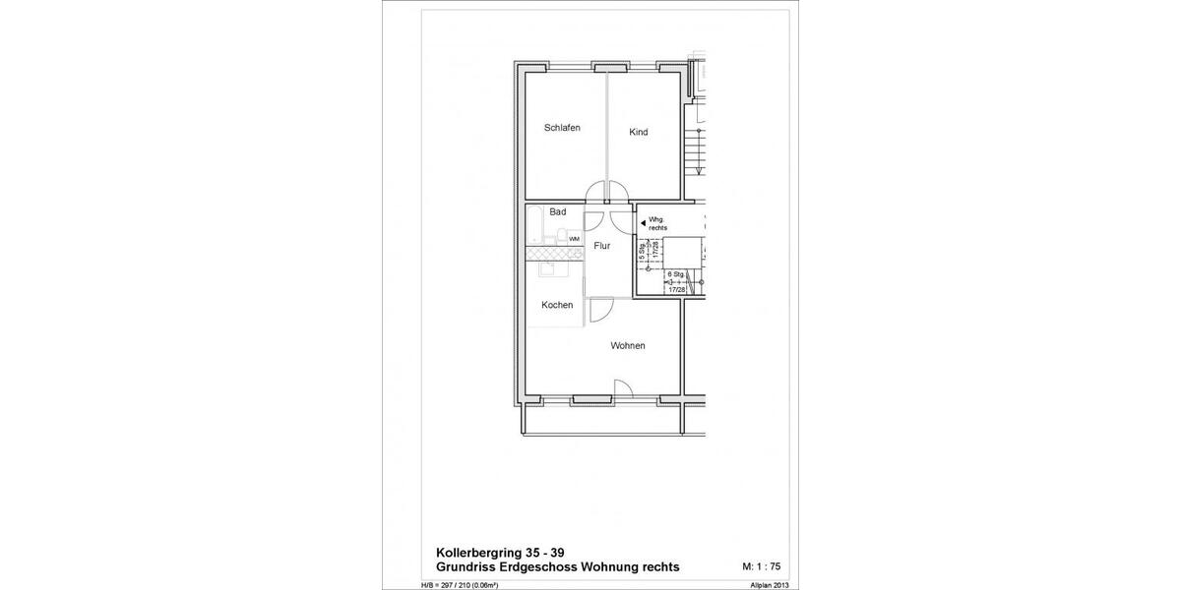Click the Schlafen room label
click(x=562, y=129)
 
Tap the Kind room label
click(x=639, y=133)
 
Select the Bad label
click(x=558, y=212)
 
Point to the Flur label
click(x=602, y=246)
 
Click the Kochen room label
click(x=557, y=305)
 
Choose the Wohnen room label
click(x=628, y=345)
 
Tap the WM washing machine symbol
click(x=574, y=239)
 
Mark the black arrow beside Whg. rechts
click(x=643, y=223)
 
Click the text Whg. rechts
click(x=657, y=223)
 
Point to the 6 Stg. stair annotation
click(x=676, y=274)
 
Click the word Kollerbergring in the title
click(x=482, y=553)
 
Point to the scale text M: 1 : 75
click(x=761, y=567)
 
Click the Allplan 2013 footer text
click(x=769, y=585)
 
